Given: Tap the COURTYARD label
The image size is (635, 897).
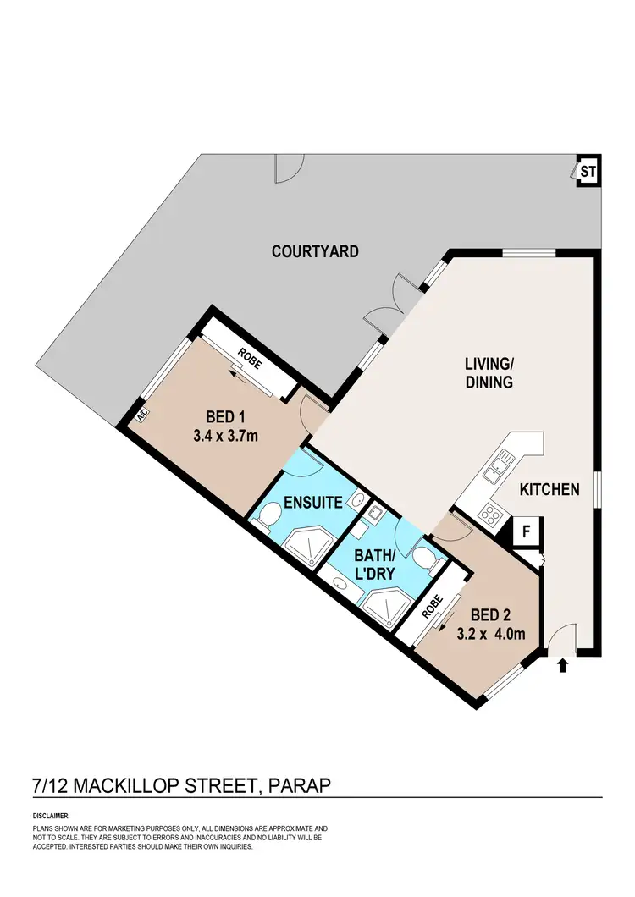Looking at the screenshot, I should click(x=315, y=251).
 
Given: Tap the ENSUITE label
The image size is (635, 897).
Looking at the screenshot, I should click(x=312, y=502).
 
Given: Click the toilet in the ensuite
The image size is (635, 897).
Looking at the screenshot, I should click(x=271, y=514).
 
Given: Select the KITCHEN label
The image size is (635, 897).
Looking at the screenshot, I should click(x=549, y=489).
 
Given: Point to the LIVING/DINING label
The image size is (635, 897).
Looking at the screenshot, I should click(x=489, y=373).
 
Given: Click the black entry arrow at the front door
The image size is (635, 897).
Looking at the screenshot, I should click(x=562, y=666).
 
